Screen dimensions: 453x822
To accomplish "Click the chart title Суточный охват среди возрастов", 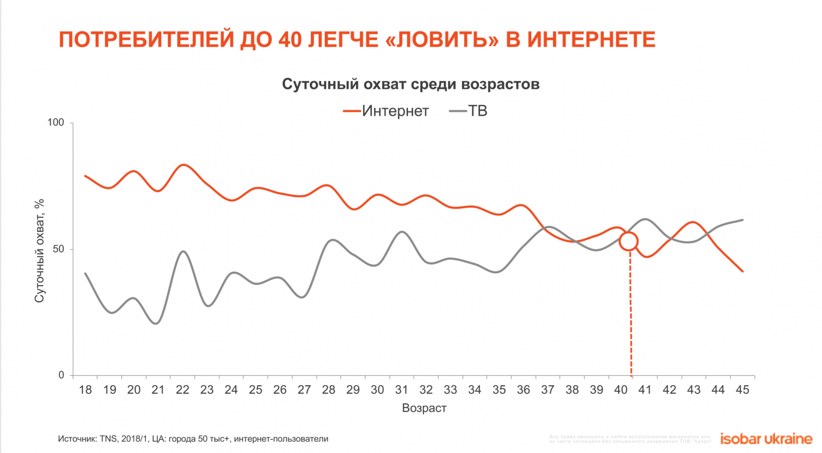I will coord(410,84).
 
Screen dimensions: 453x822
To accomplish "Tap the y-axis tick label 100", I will coord(55,122).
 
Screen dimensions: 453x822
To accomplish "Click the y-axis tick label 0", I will coord(61,375).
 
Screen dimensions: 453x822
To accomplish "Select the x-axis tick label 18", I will coord(85,390).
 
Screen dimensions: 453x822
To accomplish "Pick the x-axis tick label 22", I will coord(182,390).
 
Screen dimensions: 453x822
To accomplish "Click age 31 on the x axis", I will coord(402,390).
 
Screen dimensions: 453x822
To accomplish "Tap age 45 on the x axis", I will coord(742,390).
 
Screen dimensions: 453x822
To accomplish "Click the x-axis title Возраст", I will coord(424,408).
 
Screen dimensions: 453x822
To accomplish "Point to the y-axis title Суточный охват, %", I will coord(39,251).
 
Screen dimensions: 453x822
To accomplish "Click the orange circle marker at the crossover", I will coord(628,241).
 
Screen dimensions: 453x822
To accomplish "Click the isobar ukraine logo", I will coord(766,439).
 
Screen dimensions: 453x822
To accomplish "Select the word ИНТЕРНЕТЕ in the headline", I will coord(591,40).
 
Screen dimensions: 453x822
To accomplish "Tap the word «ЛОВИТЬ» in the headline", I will coord(441,40).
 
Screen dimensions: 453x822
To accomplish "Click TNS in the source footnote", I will coord(108,439).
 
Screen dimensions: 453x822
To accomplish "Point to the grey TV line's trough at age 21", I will coord(156,323).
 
